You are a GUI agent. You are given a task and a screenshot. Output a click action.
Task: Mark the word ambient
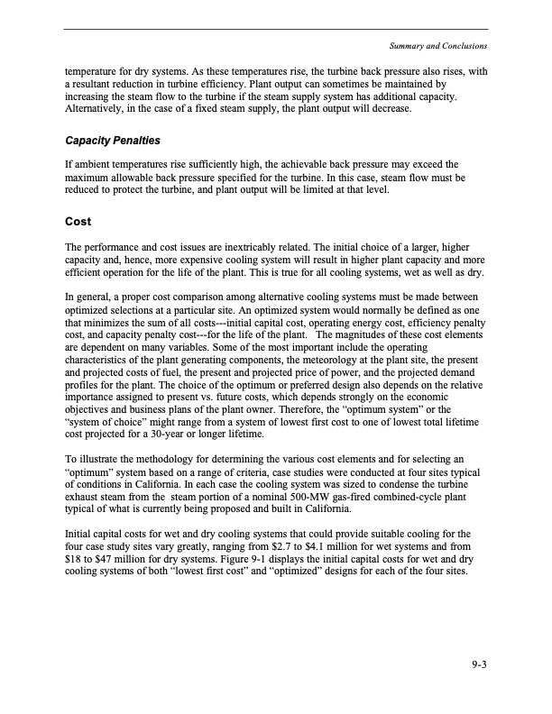88,165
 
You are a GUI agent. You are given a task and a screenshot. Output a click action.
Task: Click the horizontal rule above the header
276,30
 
